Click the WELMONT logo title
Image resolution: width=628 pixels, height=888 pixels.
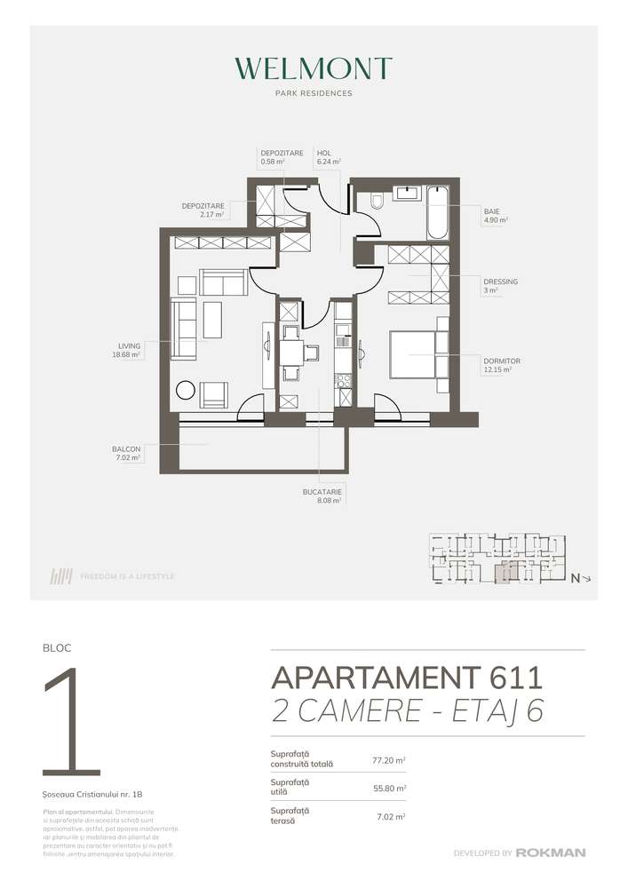point(314,69)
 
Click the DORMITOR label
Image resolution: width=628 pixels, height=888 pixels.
point(503,361)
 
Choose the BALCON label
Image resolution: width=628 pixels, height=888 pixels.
point(126,449)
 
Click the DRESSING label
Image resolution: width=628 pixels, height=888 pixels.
point(501,281)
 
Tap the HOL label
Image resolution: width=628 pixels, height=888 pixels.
point(323,152)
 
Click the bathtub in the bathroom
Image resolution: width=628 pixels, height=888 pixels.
point(438,212)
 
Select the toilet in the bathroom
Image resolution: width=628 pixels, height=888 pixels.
point(376,202)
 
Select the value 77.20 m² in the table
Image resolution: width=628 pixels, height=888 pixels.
point(389,761)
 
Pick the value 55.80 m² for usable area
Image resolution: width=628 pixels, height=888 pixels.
point(389,788)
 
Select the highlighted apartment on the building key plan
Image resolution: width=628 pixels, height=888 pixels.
point(504,572)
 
